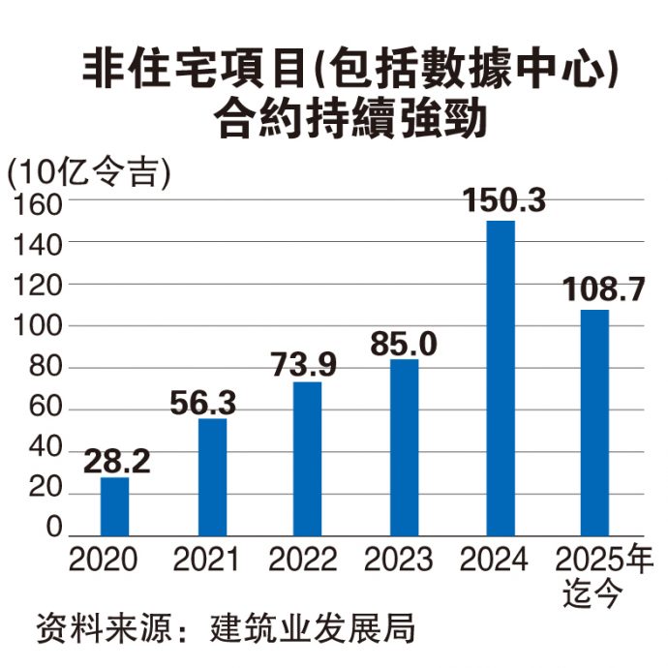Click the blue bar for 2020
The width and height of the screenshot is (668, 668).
[114, 506]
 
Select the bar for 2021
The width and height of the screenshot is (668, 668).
[211, 476]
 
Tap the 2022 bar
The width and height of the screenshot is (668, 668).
[307, 458]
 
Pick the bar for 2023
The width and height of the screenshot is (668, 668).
[404, 447]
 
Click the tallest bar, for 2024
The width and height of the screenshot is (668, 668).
[501, 378]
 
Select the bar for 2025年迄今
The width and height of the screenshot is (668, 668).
[595, 422]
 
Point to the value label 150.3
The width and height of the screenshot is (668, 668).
[503, 201]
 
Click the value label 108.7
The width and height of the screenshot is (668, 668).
[603, 288]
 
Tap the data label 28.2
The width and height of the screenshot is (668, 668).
[116, 461]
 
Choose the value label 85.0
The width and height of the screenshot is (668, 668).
[404, 342]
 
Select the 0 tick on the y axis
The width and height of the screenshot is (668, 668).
[53, 527]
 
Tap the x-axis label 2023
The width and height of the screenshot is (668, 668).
[399, 561]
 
